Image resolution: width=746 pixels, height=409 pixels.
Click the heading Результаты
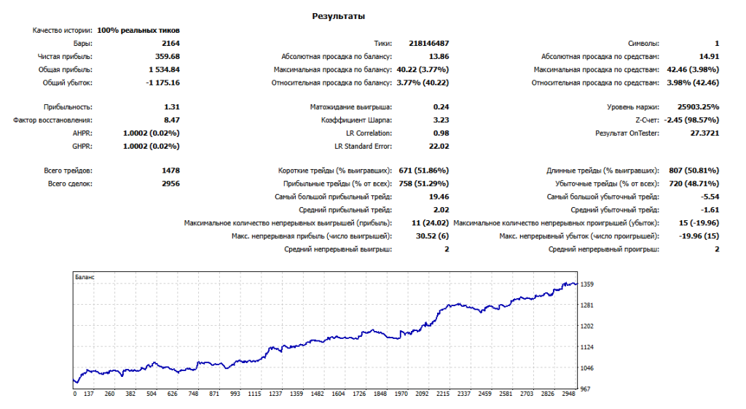pos(339,15)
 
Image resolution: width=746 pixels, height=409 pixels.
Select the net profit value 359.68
pos(166,56)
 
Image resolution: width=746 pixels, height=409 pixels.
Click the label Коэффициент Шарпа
pos(361,120)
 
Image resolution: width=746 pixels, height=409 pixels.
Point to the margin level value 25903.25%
pos(695,106)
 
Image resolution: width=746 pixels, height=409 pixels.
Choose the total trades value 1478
pos(170,171)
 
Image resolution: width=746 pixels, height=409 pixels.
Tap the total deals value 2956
pos(170,184)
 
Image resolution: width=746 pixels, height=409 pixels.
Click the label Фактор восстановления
pos(53,120)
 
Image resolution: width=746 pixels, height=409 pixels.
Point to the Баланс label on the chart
pos(85,278)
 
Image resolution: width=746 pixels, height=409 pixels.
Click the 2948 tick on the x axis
pos(569,394)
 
